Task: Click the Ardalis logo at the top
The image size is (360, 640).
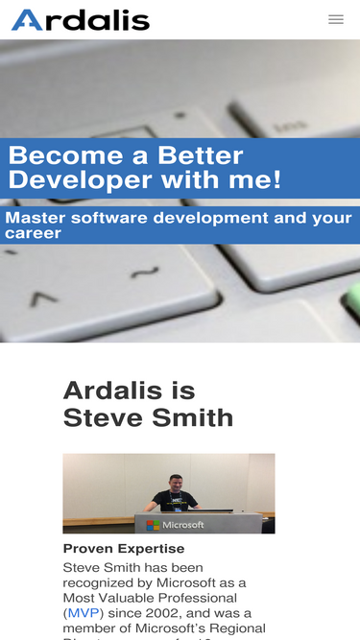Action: pos(81,19)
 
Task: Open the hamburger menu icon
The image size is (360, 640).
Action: pos(336,19)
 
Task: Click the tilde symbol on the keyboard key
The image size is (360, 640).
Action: pos(145,273)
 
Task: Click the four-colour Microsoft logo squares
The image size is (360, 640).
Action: pos(153,525)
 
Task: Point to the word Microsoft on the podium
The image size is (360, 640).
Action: pos(182,525)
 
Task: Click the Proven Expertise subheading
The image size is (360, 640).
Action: pos(124,549)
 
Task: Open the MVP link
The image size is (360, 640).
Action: pos(84,613)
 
